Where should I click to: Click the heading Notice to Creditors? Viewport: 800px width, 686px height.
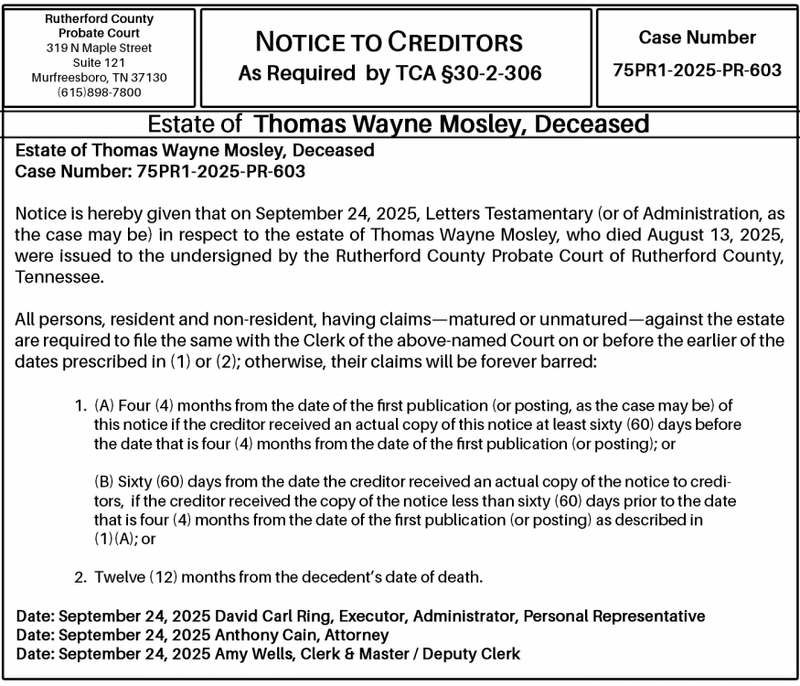click(389, 41)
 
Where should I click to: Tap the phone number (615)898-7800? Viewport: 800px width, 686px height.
click(99, 92)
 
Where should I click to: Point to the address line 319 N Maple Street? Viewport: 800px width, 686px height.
click(99, 48)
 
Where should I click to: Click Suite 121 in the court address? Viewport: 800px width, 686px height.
click(99, 62)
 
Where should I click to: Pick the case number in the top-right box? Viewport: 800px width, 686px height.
click(697, 70)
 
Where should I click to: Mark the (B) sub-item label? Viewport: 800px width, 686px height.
click(104, 481)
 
